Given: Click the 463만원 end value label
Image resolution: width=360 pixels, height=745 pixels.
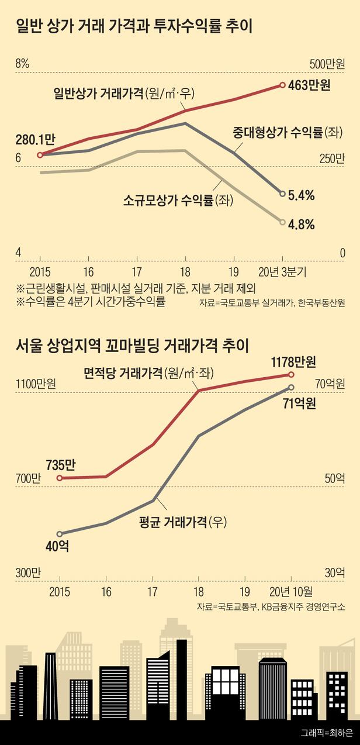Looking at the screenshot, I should tap(310, 85).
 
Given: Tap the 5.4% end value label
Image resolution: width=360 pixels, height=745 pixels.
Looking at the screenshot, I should tap(302, 195).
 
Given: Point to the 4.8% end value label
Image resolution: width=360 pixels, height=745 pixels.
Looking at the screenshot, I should tap(302, 223).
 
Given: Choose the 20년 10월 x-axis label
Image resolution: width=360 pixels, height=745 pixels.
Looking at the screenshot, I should tap(294, 591).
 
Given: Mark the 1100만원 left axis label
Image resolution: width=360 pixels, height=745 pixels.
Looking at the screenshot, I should tap(36, 384).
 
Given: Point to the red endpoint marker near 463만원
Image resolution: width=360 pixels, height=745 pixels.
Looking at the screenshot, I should tap(283, 85).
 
